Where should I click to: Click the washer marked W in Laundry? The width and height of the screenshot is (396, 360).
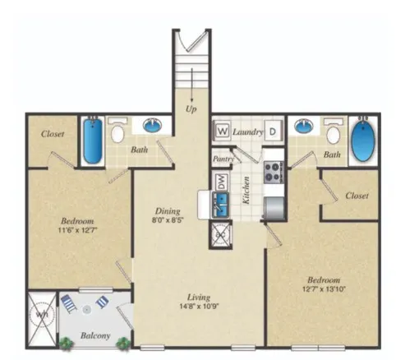[221, 131]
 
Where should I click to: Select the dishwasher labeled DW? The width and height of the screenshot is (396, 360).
[220, 182]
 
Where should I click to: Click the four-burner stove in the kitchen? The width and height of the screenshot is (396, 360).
[272, 172]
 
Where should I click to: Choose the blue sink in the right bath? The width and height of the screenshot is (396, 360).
[305, 127]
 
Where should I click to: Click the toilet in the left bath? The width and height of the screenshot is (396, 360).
[117, 132]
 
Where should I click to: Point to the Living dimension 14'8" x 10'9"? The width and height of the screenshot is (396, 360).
[199, 308]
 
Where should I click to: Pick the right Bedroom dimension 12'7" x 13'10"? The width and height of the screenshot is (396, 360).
[327, 288]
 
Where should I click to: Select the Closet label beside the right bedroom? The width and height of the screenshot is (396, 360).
[356, 196]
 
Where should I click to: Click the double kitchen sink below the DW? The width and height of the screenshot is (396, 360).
[219, 206]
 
